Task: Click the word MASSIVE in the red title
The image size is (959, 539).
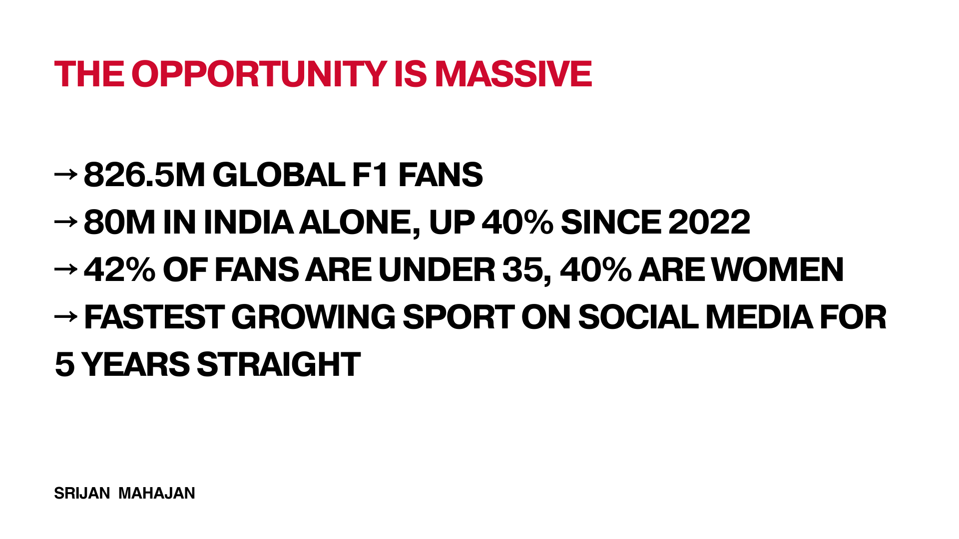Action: (513, 74)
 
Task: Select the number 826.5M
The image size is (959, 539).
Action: (144, 175)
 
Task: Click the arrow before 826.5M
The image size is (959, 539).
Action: (65, 174)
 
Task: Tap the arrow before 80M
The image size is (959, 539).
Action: (65, 221)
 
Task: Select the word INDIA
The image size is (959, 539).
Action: (248, 222)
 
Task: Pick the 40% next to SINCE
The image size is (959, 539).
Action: (517, 222)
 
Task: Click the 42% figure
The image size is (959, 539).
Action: (120, 269)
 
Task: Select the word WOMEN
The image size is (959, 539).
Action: (778, 269)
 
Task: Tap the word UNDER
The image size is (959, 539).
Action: (437, 269)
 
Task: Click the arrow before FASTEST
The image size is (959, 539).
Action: (65, 316)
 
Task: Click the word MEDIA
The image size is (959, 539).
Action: (759, 317)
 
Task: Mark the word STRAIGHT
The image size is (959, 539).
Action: (279, 364)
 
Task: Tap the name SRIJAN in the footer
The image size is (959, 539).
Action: (82, 493)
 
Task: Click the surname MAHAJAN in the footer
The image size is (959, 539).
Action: (156, 493)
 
